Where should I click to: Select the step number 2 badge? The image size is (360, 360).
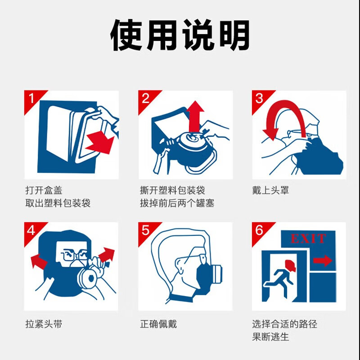[x=145, y=98]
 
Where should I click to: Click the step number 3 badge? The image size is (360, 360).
[x=259, y=98]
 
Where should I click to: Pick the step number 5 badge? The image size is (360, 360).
[x=145, y=230]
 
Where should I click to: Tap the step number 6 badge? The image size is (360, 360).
[x=259, y=230]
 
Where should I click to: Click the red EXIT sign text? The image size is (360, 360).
[x=308, y=238]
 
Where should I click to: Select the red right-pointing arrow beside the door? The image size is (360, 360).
[x=322, y=261]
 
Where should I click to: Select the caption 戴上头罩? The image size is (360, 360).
[x=270, y=191]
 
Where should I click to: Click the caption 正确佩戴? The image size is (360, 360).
[x=158, y=324]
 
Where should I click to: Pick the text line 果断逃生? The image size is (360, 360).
[x=270, y=337]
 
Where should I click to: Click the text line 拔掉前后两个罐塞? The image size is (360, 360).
[x=177, y=203]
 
